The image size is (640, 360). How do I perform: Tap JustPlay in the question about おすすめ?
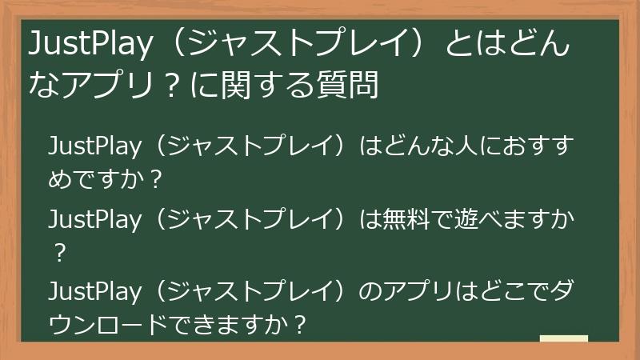[x=94, y=149]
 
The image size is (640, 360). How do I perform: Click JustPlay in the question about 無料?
[x=94, y=219]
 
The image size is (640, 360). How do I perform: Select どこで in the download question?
[x=502, y=290]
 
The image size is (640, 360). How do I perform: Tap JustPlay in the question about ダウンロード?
[x=94, y=290]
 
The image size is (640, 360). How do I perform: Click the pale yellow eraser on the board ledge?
[x=563, y=339]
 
